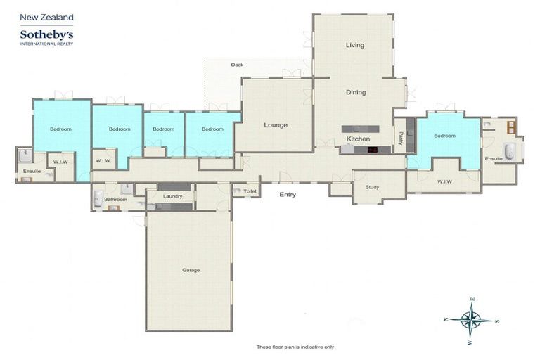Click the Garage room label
pos(191,270)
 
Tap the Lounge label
pos(276,125)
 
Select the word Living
pos(355,45)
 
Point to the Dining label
pos(356,92)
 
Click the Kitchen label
pos(358,139)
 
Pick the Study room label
pos(372,187)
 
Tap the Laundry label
pos(172,196)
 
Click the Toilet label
pos(250,191)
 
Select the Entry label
pos(288,195)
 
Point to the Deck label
pos(237,65)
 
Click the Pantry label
pos(401,139)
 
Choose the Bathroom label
pos(115,200)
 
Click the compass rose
pos(472,321)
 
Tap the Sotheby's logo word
pos(46,34)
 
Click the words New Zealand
pos(46,17)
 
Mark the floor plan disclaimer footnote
pos(295,347)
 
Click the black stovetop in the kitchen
pos(372,150)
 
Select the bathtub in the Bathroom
pos(98,198)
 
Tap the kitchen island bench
pos(360,129)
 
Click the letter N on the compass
pos(446,319)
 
